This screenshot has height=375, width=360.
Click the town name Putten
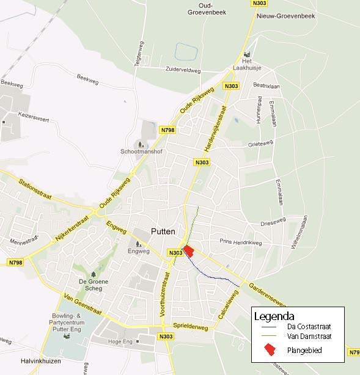(x=163, y=231)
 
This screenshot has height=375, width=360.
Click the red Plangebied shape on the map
(x=189, y=250)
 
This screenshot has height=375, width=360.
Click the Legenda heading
(x=274, y=316)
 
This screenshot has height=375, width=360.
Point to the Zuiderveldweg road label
(x=183, y=70)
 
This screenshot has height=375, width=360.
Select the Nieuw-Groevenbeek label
(x=286, y=16)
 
